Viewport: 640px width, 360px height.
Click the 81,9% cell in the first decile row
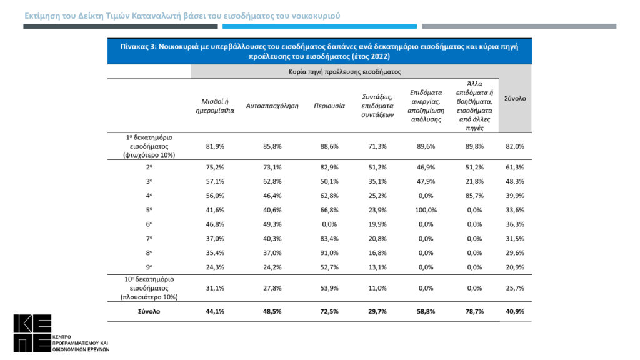pos(215,146)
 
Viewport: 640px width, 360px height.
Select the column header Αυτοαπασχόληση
pos(272,106)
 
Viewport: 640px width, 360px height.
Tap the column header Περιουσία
pos(329,106)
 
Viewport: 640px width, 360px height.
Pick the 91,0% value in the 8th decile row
pos(329,253)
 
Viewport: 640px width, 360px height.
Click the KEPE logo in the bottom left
pos(32,334)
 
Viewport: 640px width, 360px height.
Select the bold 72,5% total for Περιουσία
pos(329,311)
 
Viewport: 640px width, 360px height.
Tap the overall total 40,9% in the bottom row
pos(515,311)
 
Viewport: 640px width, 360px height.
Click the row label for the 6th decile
pos(149,224)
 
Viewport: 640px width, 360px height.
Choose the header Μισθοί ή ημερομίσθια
pos(215,106)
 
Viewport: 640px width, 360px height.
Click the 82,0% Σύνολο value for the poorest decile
pos(515,146)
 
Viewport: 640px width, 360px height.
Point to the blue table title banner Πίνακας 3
pos(319,51)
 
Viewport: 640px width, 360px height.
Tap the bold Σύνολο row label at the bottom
pos(149,311)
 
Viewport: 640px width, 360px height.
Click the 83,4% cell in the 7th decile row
pos(329,239)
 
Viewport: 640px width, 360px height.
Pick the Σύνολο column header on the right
pos(515,99)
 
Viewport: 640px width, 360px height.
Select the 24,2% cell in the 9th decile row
pos(272,267)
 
